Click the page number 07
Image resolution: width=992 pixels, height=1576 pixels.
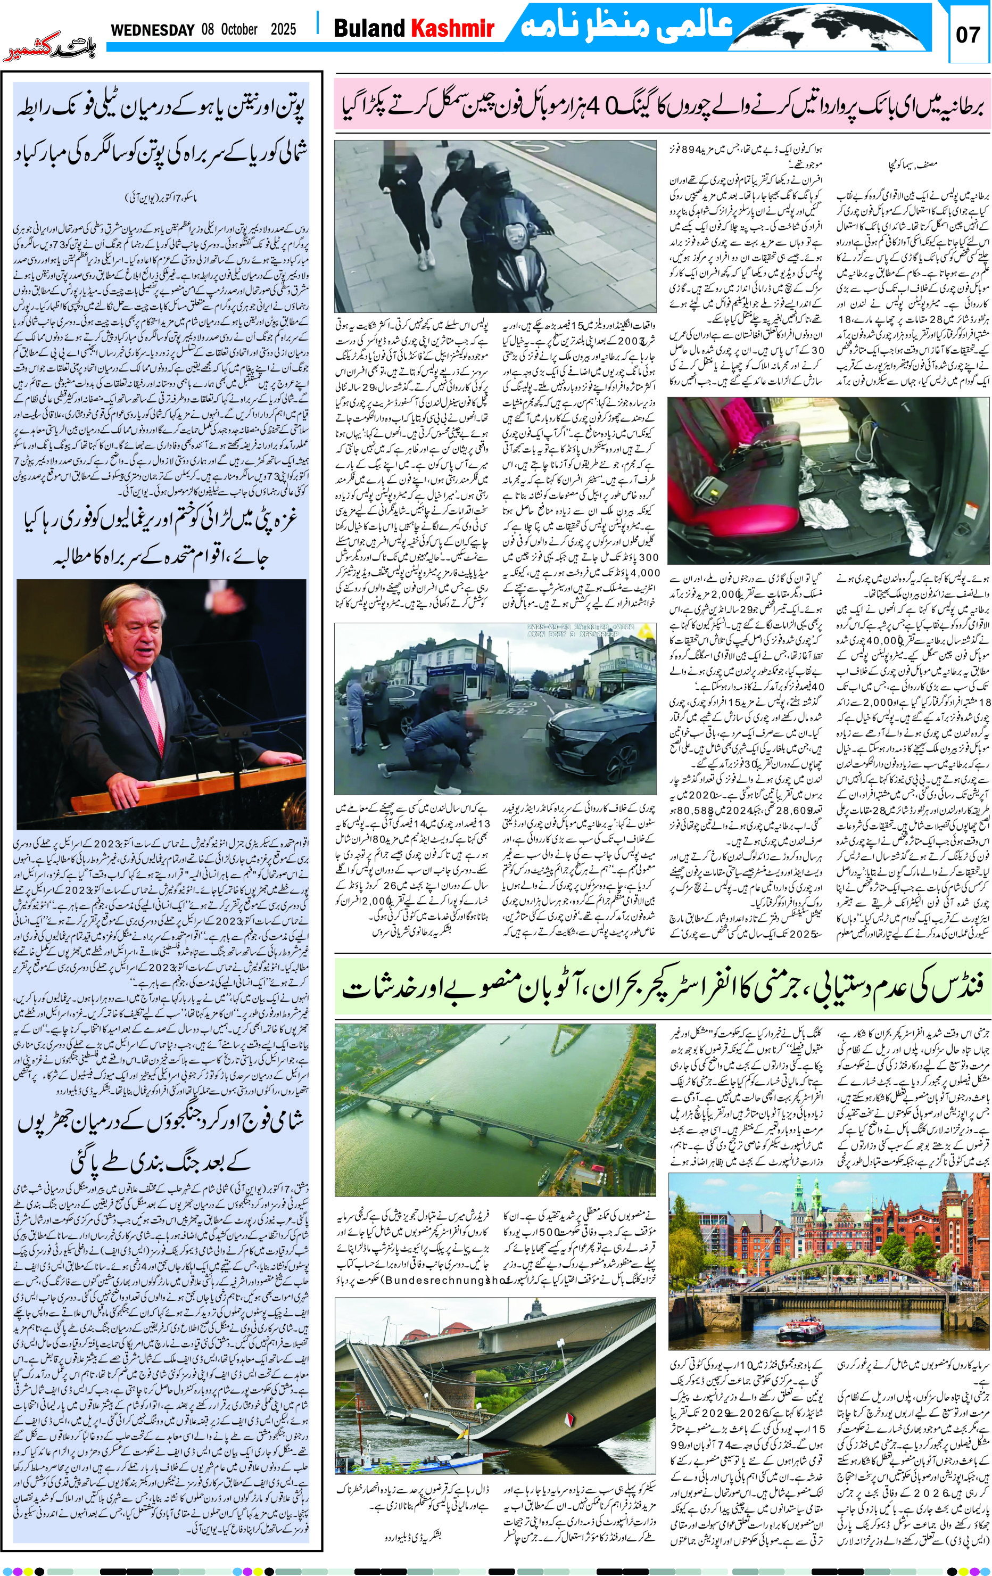coord(968,34)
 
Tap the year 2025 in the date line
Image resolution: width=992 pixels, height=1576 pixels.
coord(283,29)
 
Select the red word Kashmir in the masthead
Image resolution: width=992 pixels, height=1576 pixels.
coord(451,28)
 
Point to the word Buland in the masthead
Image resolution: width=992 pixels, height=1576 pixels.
coord(370,28)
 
